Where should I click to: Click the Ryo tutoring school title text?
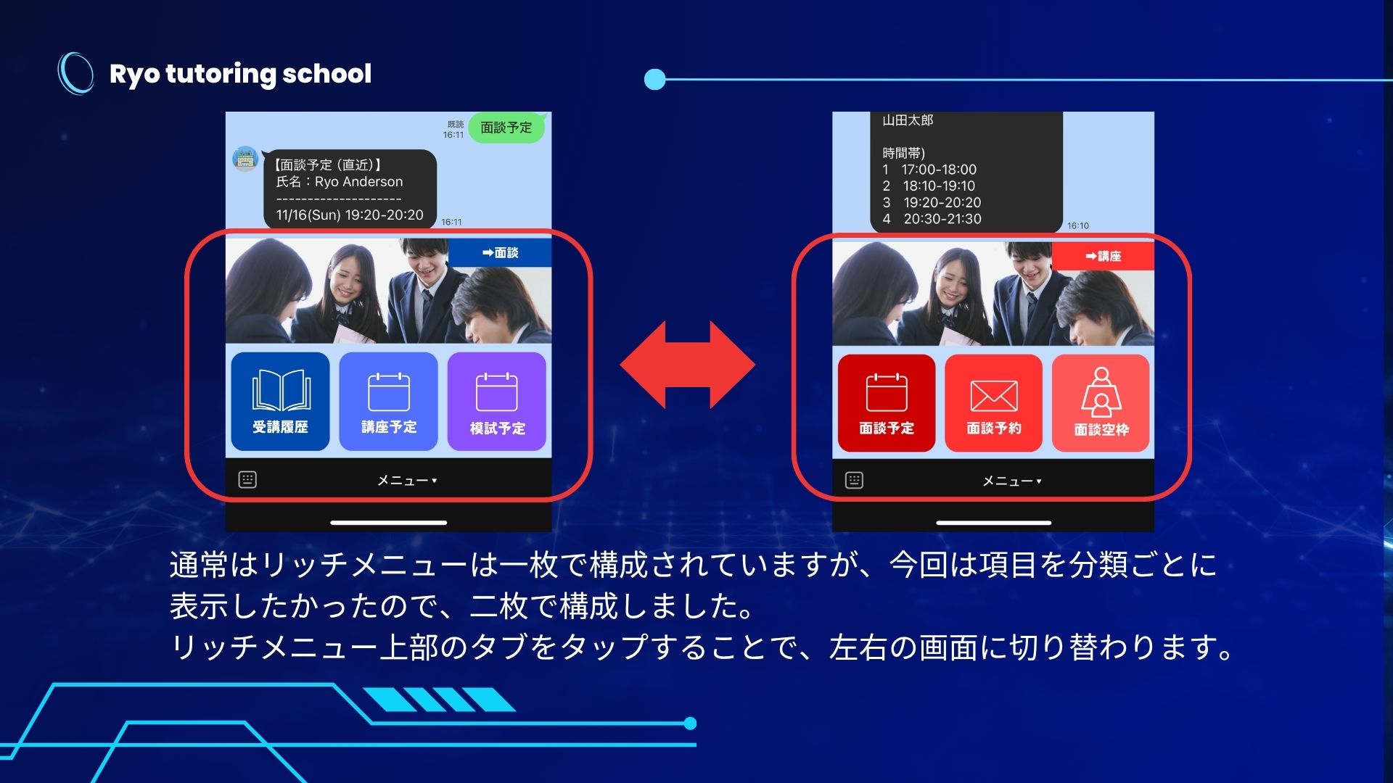[x=240, y=74]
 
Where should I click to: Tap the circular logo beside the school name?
[x=75, y=73]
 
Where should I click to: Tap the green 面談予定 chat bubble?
[x=506, y=128]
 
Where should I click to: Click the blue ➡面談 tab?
[x=500, y=252]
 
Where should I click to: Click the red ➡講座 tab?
[x=1103, y=256]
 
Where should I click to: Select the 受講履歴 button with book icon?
[x=280, y=401]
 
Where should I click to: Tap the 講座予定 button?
[x=389, y=401]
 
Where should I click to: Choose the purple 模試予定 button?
[x=497, y=401]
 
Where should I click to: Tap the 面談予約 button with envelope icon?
[x=993, y=403]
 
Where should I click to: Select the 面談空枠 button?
[x=1101, y=403]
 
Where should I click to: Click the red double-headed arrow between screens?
[x=688, y=365]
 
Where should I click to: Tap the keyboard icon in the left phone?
[x=247, y=479]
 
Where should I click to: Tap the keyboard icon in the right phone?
[x=854, y=480]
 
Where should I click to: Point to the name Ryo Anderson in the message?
[x=358, y=182]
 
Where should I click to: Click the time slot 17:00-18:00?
[x=939, y=170]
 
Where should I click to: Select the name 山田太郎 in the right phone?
[x=908, y=120]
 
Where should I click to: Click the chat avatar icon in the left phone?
[x=245, y=159]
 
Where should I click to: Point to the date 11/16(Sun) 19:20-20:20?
[x=350, y=215]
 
